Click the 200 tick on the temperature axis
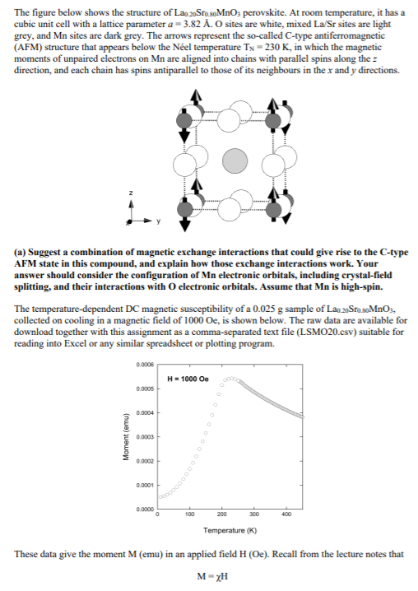(x=221, y=514)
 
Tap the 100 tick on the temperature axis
(x=188, y=514)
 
